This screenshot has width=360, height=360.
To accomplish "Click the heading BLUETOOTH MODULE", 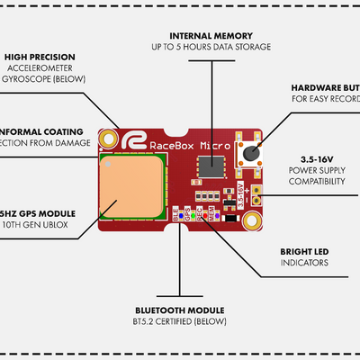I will [179, 310].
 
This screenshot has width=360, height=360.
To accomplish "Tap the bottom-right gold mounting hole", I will [248, 220].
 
